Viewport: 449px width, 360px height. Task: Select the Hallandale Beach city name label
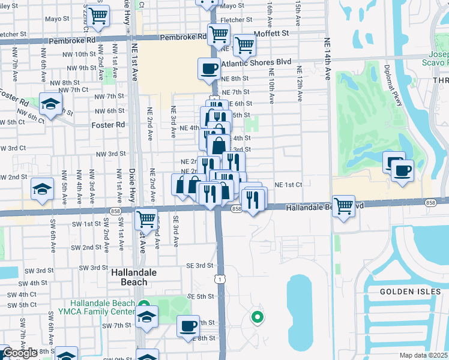tap(134, 277)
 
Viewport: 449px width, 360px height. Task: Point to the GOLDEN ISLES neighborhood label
tap(405, 292)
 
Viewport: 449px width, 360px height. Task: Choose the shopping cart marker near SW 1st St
tap(146, 219)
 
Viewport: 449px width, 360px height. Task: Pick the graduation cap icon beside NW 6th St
tap(51, 103)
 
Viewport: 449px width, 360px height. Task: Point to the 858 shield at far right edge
tap(430, 203)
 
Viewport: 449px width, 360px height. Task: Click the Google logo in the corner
tap(19, 353)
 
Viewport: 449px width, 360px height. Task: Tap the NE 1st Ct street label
tap(289, 185)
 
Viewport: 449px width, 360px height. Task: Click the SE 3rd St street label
tap(200, 265)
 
